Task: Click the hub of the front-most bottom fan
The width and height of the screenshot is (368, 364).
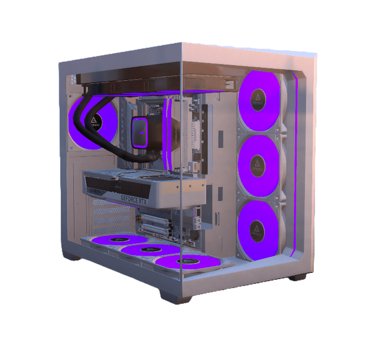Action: tap(184, 261)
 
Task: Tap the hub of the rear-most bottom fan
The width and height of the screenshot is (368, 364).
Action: tap(120, 240)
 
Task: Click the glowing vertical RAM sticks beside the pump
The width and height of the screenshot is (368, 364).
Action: tap(168, 135)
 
